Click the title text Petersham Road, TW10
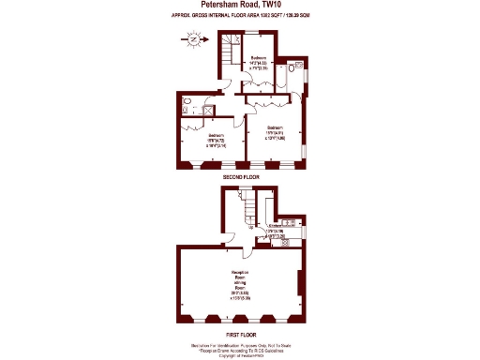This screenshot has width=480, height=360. [239, 6]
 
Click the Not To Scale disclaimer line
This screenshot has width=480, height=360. [239, 344]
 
